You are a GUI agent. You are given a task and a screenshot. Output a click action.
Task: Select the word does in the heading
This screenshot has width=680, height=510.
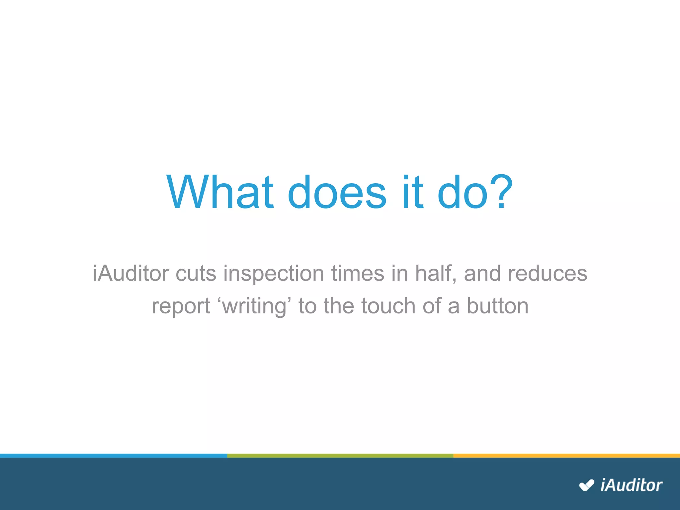tap(337, 192)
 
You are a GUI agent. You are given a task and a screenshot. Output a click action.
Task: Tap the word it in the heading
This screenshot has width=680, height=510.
tap(413, 192)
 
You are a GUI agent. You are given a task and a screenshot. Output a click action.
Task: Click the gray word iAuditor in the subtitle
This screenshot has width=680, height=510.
tap(131, 273)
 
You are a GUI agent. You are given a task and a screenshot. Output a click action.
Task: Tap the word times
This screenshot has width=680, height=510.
tap(357, 273)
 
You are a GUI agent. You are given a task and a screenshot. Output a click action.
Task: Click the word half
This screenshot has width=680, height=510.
tap(435, 273)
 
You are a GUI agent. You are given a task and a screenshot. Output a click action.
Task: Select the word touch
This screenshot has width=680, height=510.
tap(388, 306)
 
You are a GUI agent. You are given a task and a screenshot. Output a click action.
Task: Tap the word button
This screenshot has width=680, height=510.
tap(497, 306)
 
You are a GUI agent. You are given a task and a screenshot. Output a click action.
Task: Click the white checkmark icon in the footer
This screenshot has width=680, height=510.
tap(586, 485)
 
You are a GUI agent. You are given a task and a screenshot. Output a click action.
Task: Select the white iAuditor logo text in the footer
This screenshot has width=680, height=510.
tap(631, 485)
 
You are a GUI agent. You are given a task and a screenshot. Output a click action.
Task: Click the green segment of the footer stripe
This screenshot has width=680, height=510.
tap(340, 456)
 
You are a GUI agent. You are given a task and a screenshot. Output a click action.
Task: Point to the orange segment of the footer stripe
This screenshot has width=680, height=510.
tap(566, 456)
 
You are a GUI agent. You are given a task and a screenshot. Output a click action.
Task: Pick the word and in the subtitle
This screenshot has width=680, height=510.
tap(482, 273)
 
